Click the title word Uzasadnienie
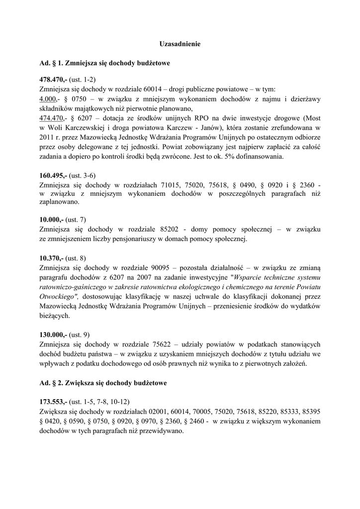tap(180, 44)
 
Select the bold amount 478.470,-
tap(53, 80)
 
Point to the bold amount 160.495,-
tap(53, 175)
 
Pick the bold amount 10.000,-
tap(51, 219)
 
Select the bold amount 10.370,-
tap(51, 257)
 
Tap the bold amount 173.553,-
tap(53, 401)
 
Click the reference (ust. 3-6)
tap(83, 175)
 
